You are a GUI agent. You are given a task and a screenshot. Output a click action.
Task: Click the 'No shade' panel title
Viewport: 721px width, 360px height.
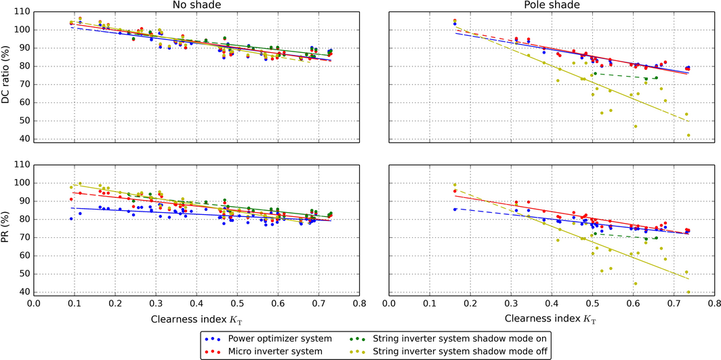tap(197, 5)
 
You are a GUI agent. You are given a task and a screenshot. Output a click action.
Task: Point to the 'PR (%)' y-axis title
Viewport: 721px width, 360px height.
tap(7, 228)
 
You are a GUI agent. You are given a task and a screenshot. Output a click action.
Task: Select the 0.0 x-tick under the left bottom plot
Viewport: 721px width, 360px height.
tap(34, 304)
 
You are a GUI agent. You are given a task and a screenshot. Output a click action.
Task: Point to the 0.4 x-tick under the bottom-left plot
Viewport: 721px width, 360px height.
tap(197, 304)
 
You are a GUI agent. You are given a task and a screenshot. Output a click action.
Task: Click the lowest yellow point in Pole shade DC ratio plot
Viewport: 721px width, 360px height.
tap(688, 135)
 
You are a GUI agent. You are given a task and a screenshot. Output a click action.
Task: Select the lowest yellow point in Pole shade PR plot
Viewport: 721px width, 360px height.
tap(688, 292)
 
